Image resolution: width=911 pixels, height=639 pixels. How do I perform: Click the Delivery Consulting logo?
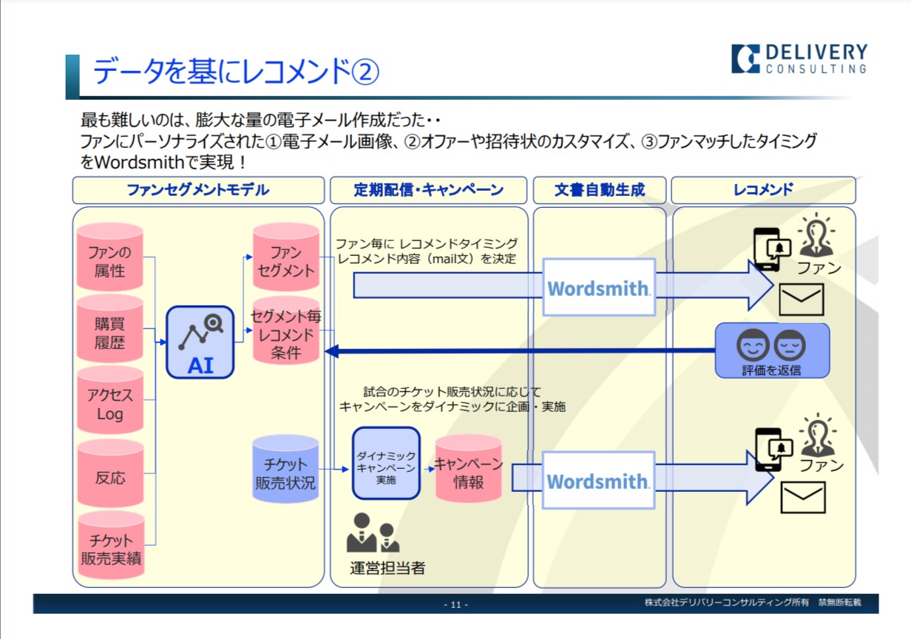[799, 59]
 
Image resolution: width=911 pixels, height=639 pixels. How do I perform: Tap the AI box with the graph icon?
[200, 342]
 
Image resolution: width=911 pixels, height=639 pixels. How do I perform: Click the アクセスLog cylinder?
[110, 404]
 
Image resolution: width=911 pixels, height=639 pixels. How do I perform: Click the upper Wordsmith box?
[598, 288]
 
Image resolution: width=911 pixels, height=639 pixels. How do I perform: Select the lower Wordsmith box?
[598, 481]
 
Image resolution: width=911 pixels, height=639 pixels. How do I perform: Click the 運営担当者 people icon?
[373, 534]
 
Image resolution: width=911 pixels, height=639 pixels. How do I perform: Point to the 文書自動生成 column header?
[600, 190]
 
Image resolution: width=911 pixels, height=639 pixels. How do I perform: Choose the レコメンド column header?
[763, 190]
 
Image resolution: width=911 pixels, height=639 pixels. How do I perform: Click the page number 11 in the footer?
[455, 605]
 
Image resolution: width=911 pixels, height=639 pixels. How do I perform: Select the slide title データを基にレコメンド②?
[235, 72]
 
